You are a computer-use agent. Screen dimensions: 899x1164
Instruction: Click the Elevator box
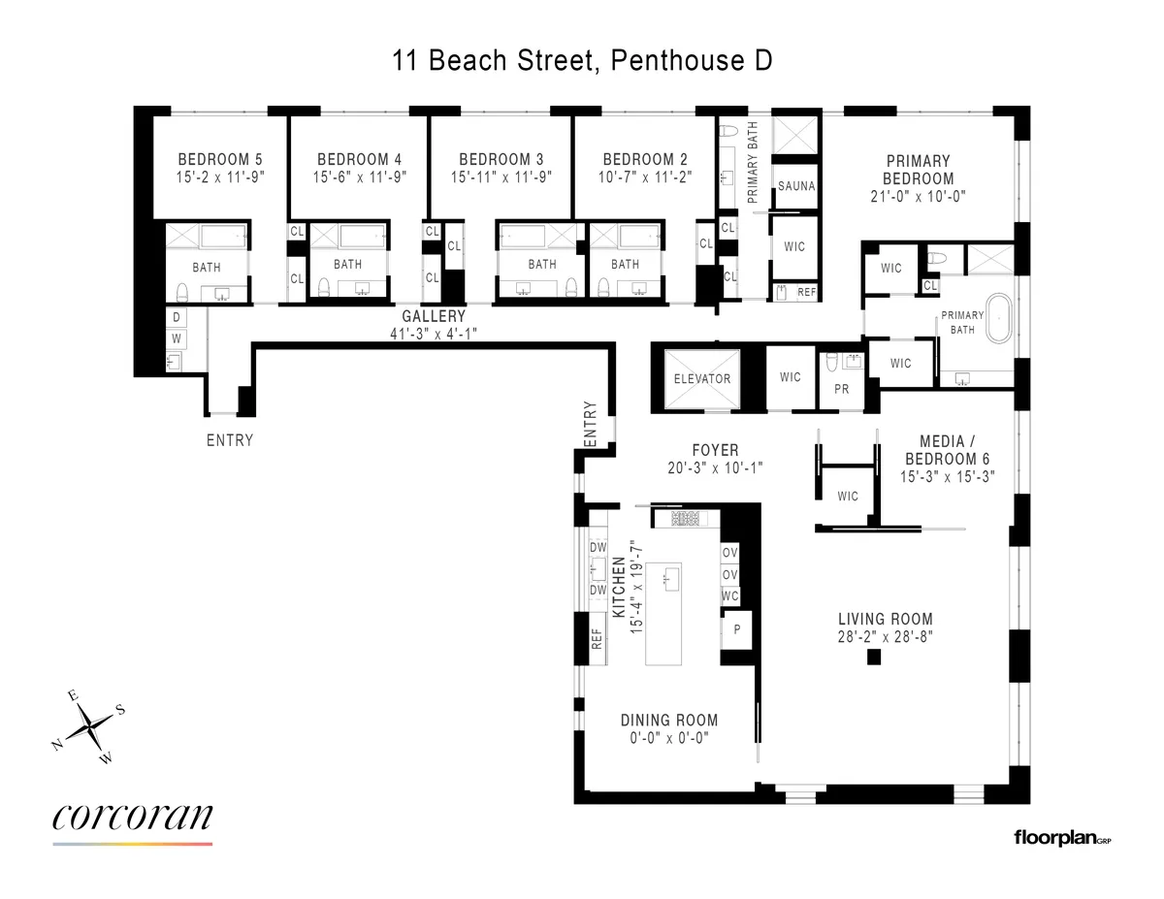pyautogui.click(x=701, y=377)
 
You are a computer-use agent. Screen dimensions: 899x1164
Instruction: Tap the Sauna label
pyautogui.click(x=794, y=186)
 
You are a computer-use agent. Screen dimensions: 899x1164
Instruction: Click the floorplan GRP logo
pyautogui.click(x=1061, y=836)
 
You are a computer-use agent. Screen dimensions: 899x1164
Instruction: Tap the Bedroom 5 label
pyautogui.click(x=219, y=160)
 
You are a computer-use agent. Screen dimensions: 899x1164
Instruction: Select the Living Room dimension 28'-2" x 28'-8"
pyautogui.click(x=886, y=636)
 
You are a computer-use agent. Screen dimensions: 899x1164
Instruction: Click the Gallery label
pyautogui.click(x=434, y=316)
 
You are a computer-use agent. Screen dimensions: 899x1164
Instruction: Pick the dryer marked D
pyautogui.click(x=177, y=317)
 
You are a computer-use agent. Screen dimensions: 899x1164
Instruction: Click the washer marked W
pyautogui.click(x=177, y=338)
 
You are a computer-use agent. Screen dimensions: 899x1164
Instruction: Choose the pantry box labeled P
pyautogui.click(x=737, y=627)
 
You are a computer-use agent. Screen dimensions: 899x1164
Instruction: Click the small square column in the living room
pyautogui.click(x=873, y=658)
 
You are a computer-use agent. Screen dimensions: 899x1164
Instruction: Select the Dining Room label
pyautogui.click(x=669, y=720)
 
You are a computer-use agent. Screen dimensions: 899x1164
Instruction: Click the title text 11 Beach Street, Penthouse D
pyautogui.click(x=582, y=61)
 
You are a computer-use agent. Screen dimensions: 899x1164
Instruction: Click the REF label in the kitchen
pyautogui.click(x=598, y=639)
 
